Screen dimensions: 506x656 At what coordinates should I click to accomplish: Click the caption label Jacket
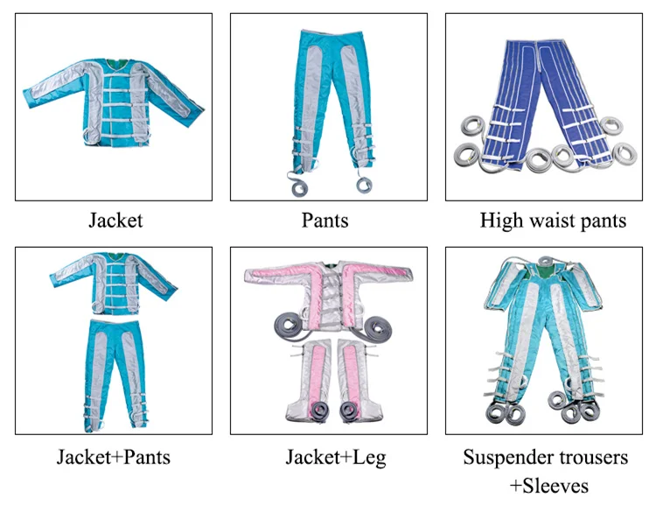point(115,221)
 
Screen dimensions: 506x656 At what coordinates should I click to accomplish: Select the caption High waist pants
point(553,221)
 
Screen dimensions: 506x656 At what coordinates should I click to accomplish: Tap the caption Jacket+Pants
point(114,457)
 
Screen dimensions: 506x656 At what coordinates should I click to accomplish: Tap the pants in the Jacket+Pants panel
point(115,368)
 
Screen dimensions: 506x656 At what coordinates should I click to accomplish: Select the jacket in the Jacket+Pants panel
point(115,285)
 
